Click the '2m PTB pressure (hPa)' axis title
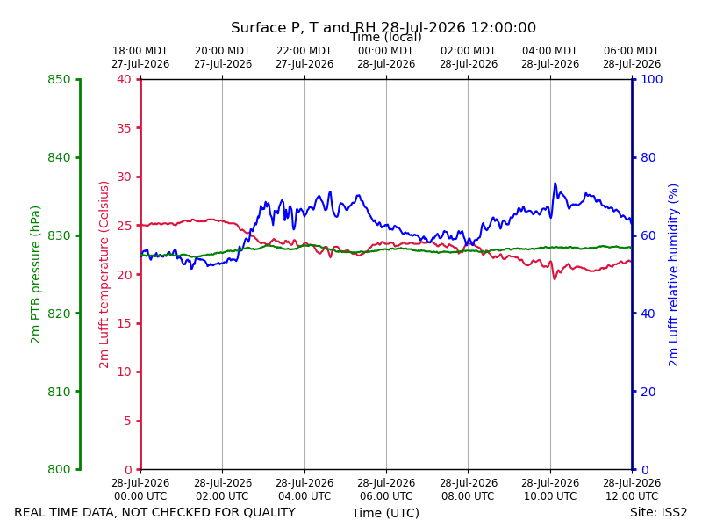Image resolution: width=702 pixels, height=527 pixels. pyautogui.click(x=35, y=275)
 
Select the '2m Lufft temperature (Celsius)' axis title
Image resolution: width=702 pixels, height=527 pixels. pyautogui.click(x=104, y=275)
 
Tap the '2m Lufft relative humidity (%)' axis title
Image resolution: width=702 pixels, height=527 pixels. pyautogui.click(x=673, y=275)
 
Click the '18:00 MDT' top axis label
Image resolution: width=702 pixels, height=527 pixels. pyautogui.click(x=140, y=51)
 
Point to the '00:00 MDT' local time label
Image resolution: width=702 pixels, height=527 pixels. pyautogui.click(x=386, y=51)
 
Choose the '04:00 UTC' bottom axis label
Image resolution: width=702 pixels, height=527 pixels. pyautogui.click(x=304, y=496)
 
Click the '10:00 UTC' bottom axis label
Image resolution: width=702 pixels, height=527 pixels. pyautogui.click(x=550, y=496)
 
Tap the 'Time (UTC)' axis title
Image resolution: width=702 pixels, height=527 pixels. pyautogui.click(x=385, y=513)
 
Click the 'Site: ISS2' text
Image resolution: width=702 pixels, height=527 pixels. pyautogui.click(x=658, y=513)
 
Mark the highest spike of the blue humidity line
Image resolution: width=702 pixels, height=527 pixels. pyautogui.click(x=555, y=183)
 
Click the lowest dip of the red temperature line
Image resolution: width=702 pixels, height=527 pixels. pyautogui.click(x=555, y=278)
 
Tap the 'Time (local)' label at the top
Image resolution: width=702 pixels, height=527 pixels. pyautogui.click(x=385, y=38)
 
